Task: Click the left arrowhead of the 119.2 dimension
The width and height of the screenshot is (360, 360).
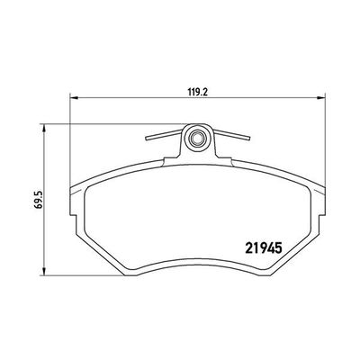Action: tap(74, 99)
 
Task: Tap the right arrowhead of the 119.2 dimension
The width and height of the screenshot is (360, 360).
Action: tap(320, 99)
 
